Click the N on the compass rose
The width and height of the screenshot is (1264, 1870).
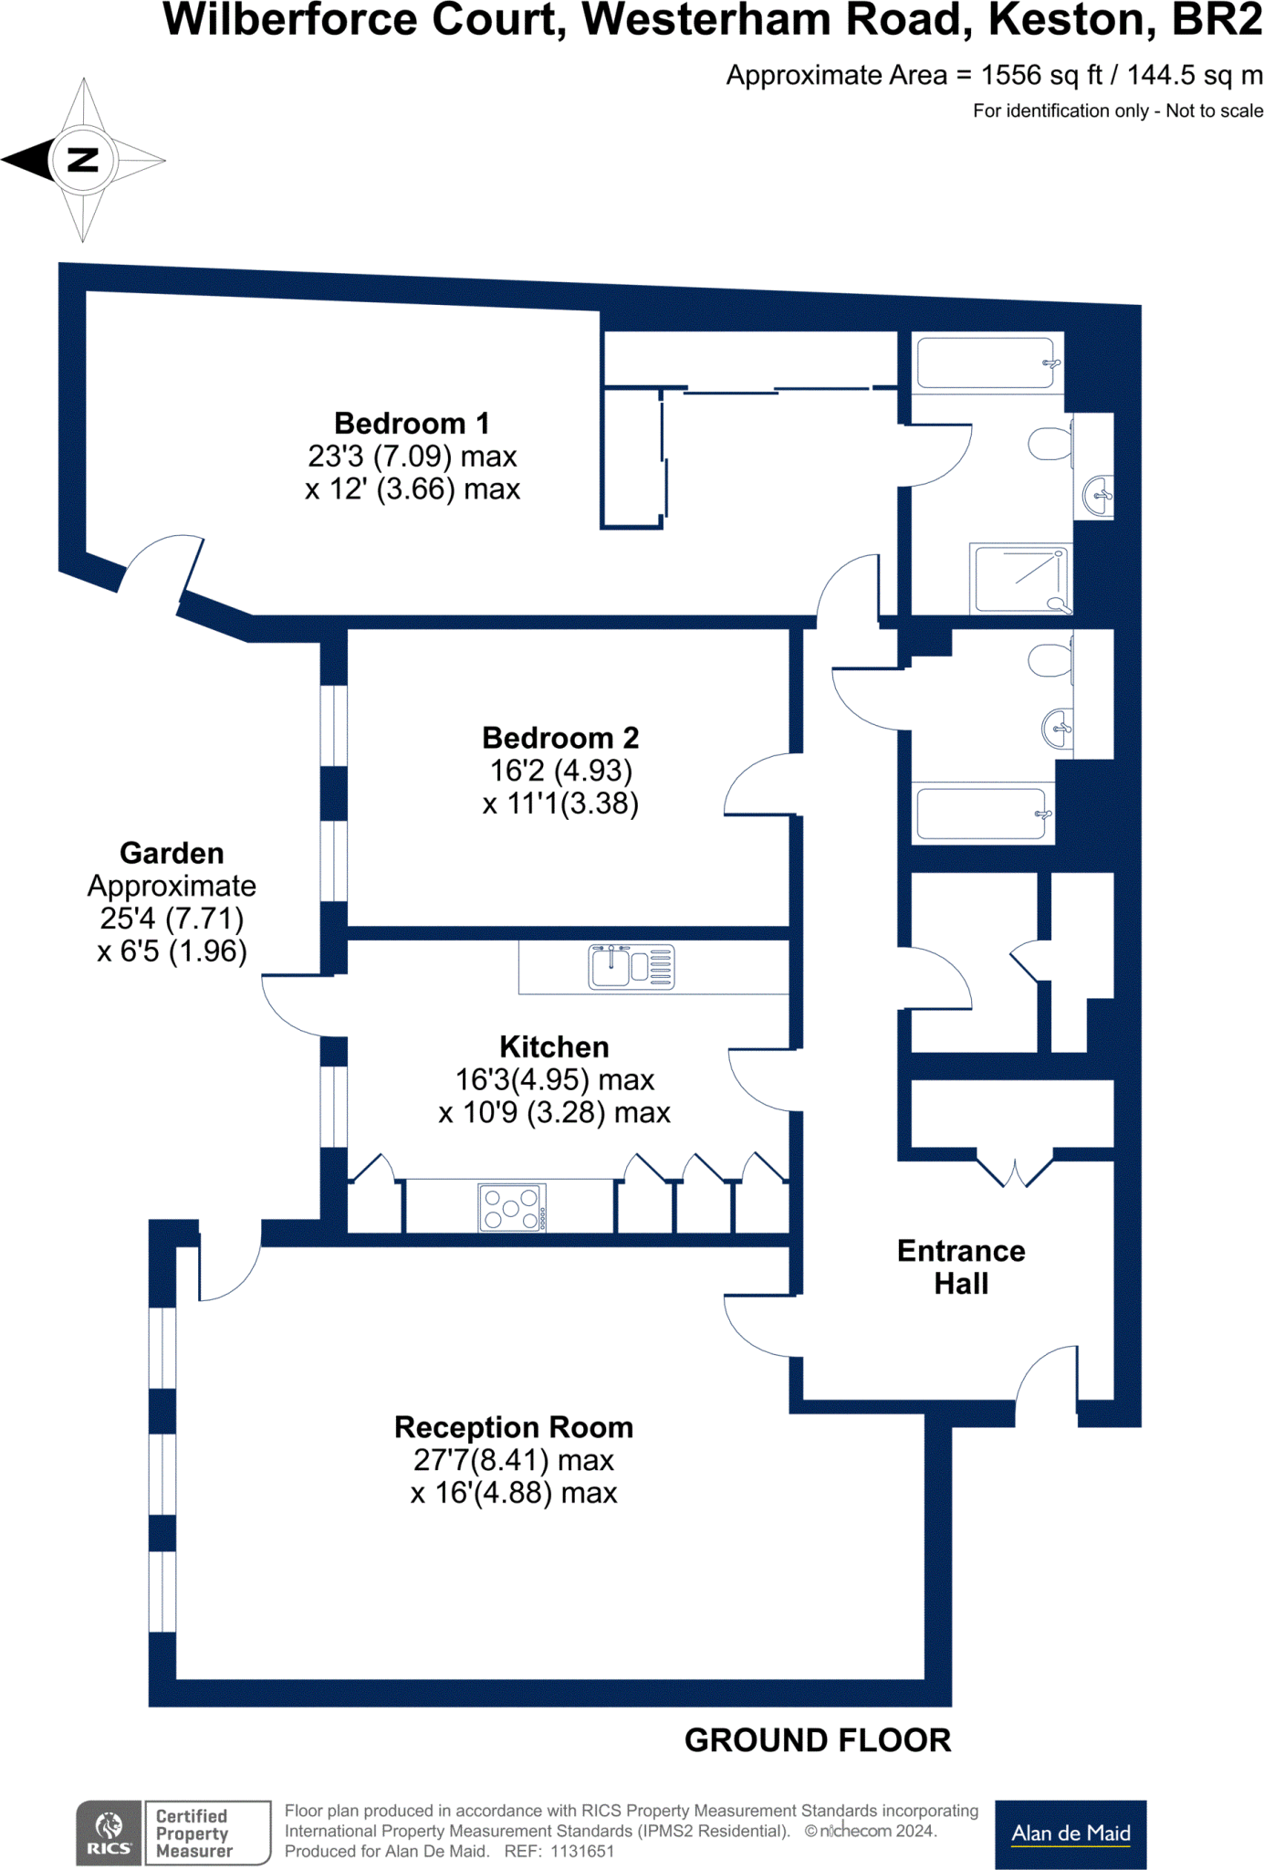83,160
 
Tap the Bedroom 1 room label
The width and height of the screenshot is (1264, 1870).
412,424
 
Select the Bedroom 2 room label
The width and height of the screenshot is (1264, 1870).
559,738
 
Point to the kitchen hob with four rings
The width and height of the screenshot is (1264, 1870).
512,1207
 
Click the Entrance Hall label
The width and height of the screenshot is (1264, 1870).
960,1266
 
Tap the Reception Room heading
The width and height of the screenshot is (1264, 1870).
513,1427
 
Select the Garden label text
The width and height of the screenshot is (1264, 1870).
172,853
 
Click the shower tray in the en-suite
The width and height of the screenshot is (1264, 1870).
1020,579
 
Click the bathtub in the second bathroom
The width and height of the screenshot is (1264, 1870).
982,813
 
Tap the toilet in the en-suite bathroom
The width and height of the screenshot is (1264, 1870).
1050,445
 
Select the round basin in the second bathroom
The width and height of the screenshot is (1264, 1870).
1057,729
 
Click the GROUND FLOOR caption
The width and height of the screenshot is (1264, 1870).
817,1740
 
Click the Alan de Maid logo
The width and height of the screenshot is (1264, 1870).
1070,1833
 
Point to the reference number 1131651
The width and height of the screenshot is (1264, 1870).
582,1851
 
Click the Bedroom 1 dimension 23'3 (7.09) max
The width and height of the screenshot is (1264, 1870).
412,456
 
